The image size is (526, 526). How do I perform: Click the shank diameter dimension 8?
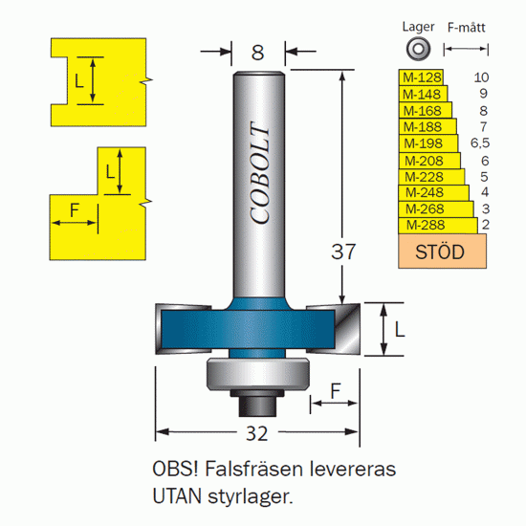257,53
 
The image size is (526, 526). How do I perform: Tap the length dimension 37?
342,252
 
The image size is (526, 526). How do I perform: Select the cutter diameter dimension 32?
257,433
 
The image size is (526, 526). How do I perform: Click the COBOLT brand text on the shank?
259,172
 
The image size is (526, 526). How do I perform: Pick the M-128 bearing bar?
421,77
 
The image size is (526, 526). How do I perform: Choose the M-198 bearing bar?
428,143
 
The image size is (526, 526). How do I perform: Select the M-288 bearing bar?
438,225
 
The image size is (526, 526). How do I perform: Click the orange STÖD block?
442,252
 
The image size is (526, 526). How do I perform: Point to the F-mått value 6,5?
480,143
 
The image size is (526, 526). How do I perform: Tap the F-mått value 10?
481,77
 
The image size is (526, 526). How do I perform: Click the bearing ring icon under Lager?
418,49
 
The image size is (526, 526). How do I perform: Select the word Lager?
418,27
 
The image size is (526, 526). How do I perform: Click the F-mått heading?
467,27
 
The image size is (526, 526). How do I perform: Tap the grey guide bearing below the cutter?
257,374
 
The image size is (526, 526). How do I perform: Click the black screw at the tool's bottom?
257,404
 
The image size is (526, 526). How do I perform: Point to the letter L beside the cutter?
399,330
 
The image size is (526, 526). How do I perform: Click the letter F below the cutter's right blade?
336,390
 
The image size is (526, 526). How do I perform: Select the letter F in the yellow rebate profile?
75,210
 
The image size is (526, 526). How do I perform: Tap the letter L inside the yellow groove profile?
78,81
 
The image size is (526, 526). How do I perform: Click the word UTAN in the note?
177,496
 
